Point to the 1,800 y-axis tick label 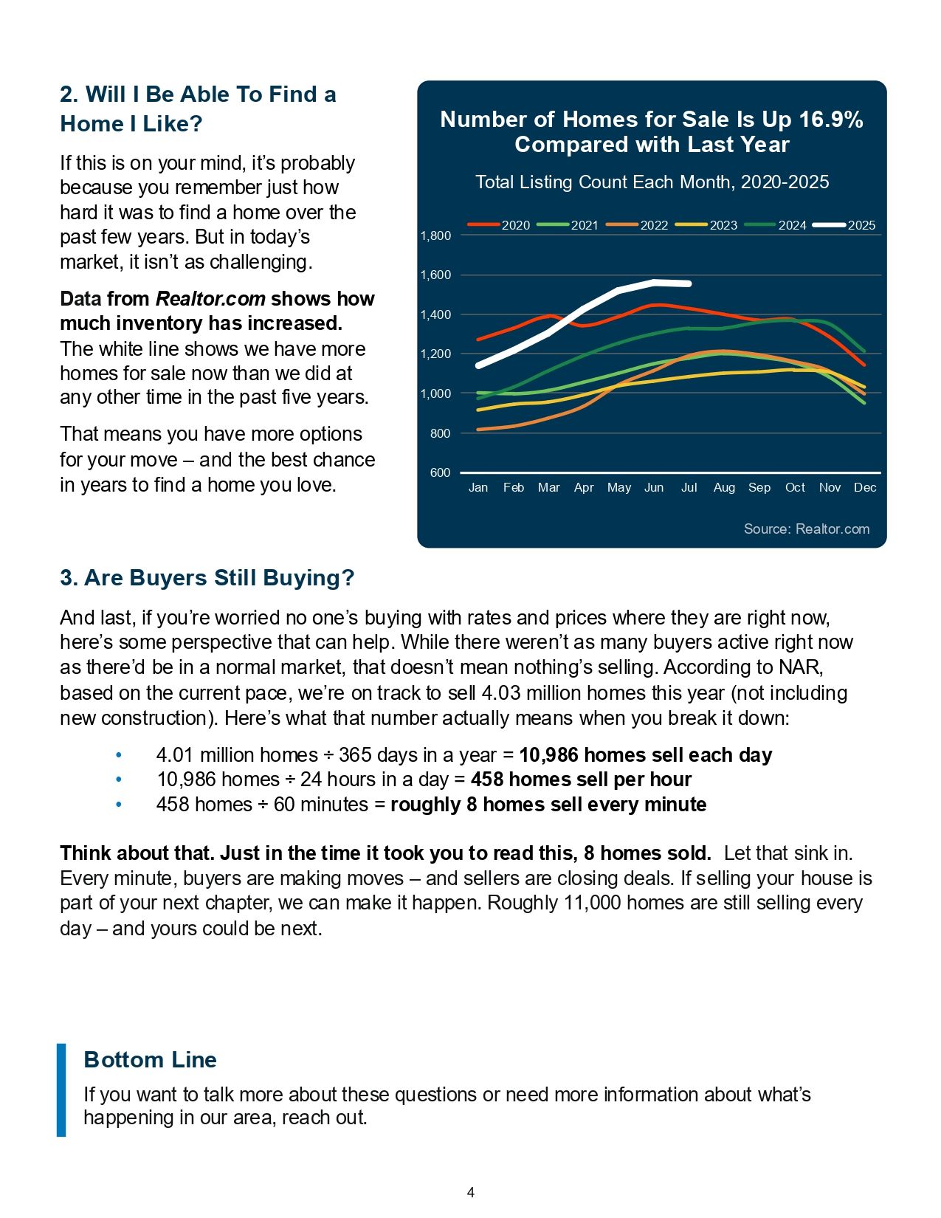coord(435,236)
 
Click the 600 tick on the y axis coord(440,472)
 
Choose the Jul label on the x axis coord(689,487)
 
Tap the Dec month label coord(864,487)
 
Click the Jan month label coord(478,487)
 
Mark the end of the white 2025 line coord(689,283)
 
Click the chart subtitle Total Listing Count coord(652,182)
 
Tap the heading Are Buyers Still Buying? coord(207,577)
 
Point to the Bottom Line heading coord(151,1059)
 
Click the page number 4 coord(471,1192)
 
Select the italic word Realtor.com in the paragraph coord(210,299)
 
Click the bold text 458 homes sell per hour coord(581,780)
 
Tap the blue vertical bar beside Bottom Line coord(61,1090)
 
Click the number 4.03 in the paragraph coord(501,693)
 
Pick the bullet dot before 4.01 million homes coord(119,755)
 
